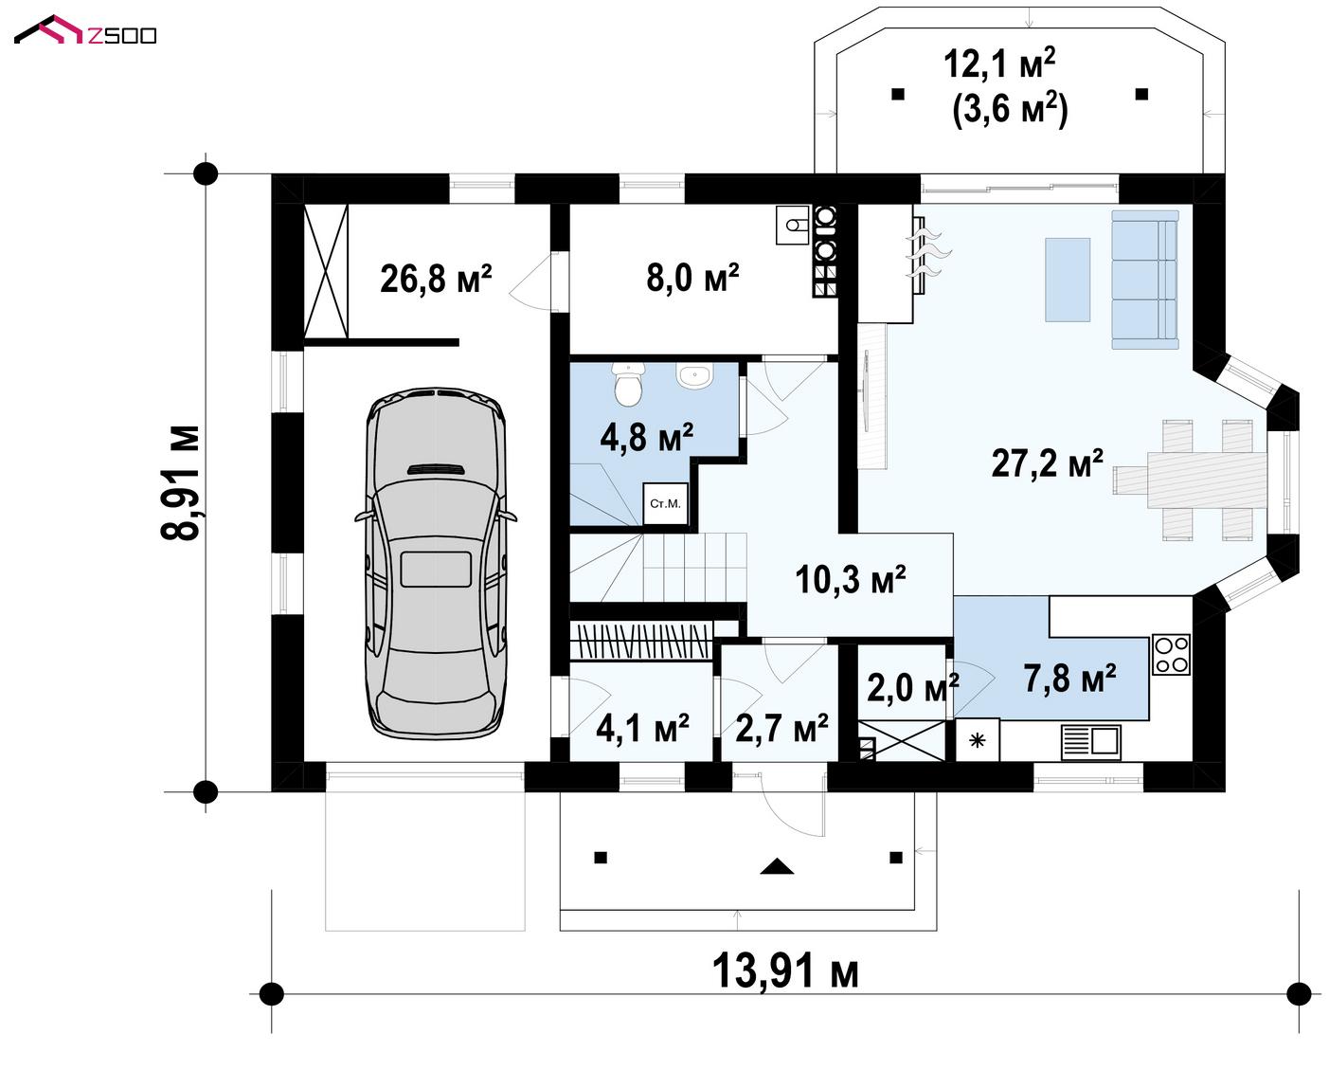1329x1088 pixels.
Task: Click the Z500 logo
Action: coord(85,30)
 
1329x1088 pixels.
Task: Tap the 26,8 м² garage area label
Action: coord(436,279)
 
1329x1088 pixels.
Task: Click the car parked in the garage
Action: coord(436,563)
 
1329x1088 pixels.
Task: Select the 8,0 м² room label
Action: coord(692,278)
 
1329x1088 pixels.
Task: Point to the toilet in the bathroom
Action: coord(628,383)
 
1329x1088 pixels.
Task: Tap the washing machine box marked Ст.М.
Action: coord(665,503)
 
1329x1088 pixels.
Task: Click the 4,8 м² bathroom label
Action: coord(647,437)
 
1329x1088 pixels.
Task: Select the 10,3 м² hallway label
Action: coord(850,579)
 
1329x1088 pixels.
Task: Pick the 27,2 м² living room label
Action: coord(1048,463)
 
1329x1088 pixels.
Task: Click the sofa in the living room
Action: coord(1145,280)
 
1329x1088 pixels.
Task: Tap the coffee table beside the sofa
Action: coord(1068,280)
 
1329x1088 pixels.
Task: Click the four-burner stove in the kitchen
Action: coord(1172,655)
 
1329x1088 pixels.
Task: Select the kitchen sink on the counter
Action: coord(1091,743)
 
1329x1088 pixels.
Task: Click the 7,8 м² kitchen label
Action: coord(1069,679)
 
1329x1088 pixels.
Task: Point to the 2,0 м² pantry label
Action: coord(912,687)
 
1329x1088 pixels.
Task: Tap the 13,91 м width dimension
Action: coord(785,971)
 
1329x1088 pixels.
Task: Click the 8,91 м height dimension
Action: coord(180,482)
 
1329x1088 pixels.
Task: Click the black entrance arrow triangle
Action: coord(777,866)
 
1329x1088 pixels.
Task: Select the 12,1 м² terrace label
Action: coord(999,63)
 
